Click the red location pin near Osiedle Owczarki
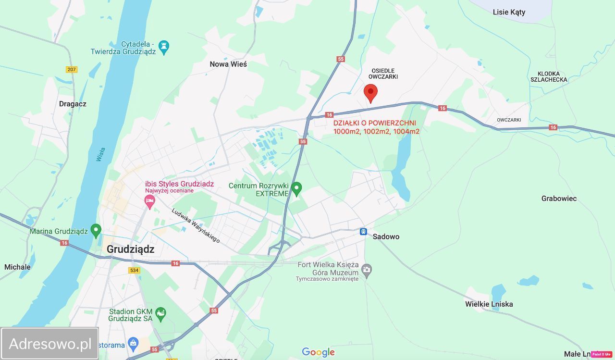(x=370, y=92)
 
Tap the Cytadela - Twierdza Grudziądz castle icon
(x=164, y=47)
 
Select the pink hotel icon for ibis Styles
(x=150, y=201)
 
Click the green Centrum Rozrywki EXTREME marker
(x=296, y=188)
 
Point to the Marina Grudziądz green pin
(x=96, y=231)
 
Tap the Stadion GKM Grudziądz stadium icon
(x=160, y=314)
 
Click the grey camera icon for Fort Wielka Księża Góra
(x=367, y=270)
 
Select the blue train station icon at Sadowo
(x=364, y=232)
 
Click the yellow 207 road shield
(x=72, y=70)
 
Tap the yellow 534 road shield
(x=134, y=271)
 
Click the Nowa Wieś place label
(x=228, y=64)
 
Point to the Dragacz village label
(x=73, y=104)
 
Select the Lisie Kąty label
(x=509, y=12)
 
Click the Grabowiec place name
(x=559, y=199)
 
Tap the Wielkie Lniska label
(x=489, y=304)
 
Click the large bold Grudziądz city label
(x=131, y=249)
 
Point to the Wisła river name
(x=101, y=154)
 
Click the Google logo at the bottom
(x=318, y=352)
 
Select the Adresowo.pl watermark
(x=50, y=344)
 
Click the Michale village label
(x=17, y=267)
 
